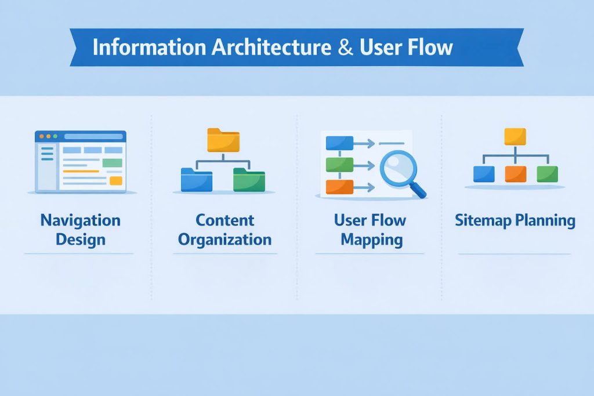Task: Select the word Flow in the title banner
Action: [430, 47]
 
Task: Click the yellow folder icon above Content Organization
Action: [223, 140]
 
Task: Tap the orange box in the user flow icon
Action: [339, 187]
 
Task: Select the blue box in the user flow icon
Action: [339, 143]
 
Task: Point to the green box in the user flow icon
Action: [339, 165]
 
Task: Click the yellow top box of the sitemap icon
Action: [515, 137]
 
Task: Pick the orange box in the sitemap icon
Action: [515, 174]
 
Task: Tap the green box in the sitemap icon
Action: [547, 174]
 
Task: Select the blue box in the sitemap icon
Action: [484, 174]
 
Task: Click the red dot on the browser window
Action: [42, 136]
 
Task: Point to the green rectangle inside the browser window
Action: [113, 163]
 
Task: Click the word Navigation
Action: [80, 220]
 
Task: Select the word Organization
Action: [224, 239]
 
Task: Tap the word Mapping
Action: [371, 239]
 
